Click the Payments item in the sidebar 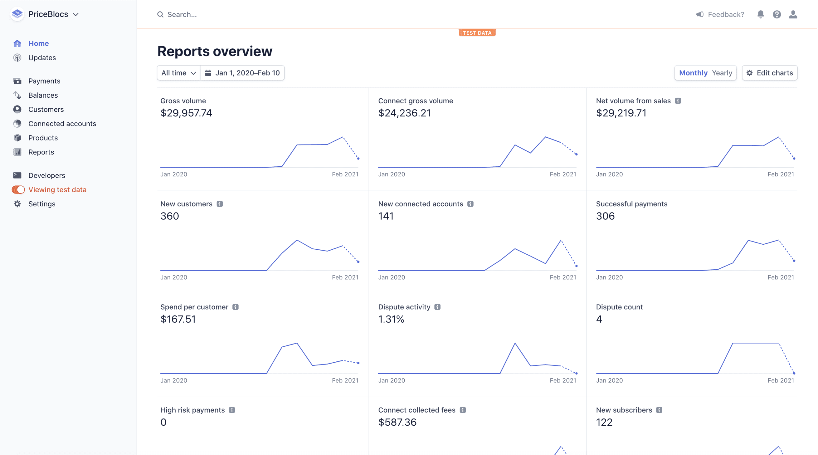44,81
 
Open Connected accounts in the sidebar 62,124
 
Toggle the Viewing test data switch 18,190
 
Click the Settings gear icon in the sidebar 17,204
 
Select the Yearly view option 722,73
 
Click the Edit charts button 769,73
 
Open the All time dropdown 178,73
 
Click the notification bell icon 760,14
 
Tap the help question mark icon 777,14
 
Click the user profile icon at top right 793,14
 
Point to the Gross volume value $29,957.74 186,113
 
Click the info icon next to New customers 220,204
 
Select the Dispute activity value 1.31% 391,319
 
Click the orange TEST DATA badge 477,33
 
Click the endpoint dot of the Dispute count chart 794,373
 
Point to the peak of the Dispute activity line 515,343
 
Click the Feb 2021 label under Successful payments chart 781,277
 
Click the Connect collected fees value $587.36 397,422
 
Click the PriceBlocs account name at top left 48,14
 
